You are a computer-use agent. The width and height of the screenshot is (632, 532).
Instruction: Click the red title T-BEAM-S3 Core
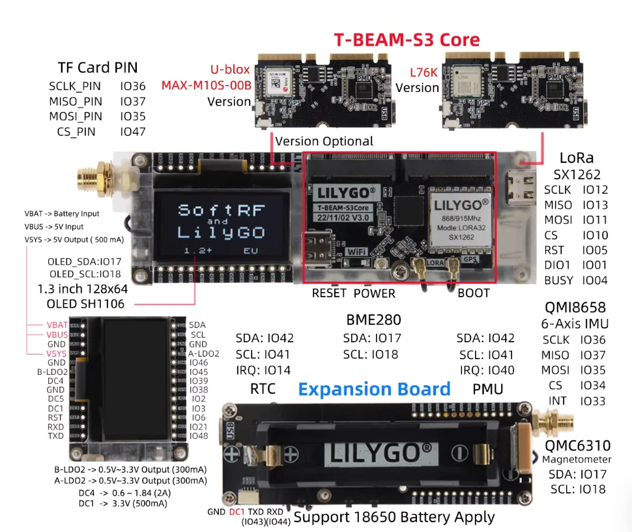coord(407,39)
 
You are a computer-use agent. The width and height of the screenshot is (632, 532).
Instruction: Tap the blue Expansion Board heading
coord(374,389)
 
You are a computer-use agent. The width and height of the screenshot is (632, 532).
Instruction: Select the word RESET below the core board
coord(329,293)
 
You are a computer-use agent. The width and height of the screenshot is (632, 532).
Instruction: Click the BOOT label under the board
coord(473,293)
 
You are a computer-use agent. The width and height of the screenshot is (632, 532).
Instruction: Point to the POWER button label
coord(375,293)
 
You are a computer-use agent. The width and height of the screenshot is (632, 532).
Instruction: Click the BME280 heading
coord(373,320)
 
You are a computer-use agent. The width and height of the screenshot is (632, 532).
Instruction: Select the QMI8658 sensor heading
coord(575,307)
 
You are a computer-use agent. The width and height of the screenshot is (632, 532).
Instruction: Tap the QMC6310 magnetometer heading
coord(578,446)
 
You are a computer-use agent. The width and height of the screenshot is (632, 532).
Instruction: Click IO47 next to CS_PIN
coord(132,132)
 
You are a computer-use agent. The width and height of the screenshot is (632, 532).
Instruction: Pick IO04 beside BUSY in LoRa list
coord(594,280)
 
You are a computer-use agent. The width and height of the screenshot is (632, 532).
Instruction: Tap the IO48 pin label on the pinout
coord(199,436)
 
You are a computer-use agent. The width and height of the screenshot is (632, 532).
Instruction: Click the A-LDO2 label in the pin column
coord(204,353)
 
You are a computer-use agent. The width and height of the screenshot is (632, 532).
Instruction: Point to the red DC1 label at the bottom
coord(237,512)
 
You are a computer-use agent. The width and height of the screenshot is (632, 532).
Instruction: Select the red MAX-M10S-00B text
coord(207,85)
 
